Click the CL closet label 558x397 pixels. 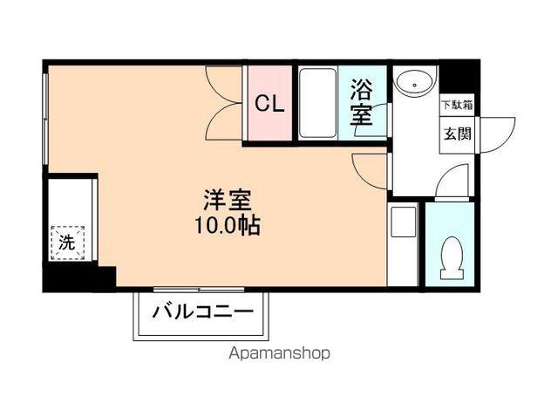[x=269, y=104]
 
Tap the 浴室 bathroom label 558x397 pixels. [x=361, y=102]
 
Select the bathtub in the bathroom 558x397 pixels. [x=317, y=103]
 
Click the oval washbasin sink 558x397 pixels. [x=415, y=82]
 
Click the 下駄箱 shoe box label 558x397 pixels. [x=457, y=105]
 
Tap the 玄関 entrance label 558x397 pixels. [x=457, y=133]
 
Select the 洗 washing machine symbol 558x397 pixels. [x=68, y=243]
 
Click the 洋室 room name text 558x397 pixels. [x=228, y=201]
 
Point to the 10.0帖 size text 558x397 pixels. [x=228, y=225]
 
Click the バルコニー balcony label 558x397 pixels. [x=203, y=312]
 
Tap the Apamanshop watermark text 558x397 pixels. [x=279, y=353]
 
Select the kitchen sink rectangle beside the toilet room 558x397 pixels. [x=403, y=222]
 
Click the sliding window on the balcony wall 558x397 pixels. [x=200, y=290]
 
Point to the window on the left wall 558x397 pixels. [x=45, y=119]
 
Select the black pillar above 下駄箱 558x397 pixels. [x=457, y=79]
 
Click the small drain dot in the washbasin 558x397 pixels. [x=414, y=86]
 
